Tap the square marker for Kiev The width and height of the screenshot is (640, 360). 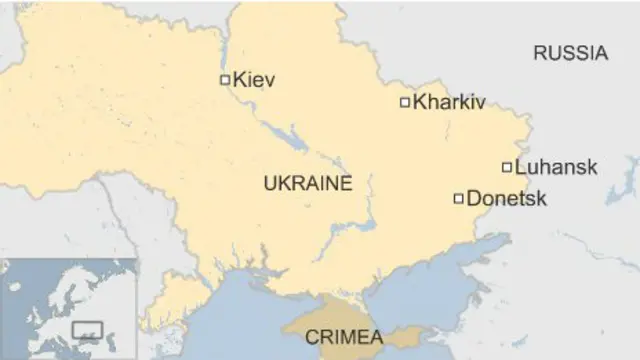coord(225,79)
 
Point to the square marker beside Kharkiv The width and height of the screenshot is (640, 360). coord(405,101)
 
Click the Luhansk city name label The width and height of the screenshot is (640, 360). coord(556,167)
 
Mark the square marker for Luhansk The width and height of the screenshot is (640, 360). coord(507,167)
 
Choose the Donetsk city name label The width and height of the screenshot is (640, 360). coord(507,198)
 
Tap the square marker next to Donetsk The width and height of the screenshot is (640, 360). coord(459,198)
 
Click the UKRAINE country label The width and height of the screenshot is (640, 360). coord(307,183)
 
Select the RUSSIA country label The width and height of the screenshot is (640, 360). coord(570,54)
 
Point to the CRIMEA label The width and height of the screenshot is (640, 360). coord(342,335)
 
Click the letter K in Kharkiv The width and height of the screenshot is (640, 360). coord(418,101)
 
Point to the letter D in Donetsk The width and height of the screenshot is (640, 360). coord(473,198)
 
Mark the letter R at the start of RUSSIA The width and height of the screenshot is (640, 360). coord(539,54)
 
